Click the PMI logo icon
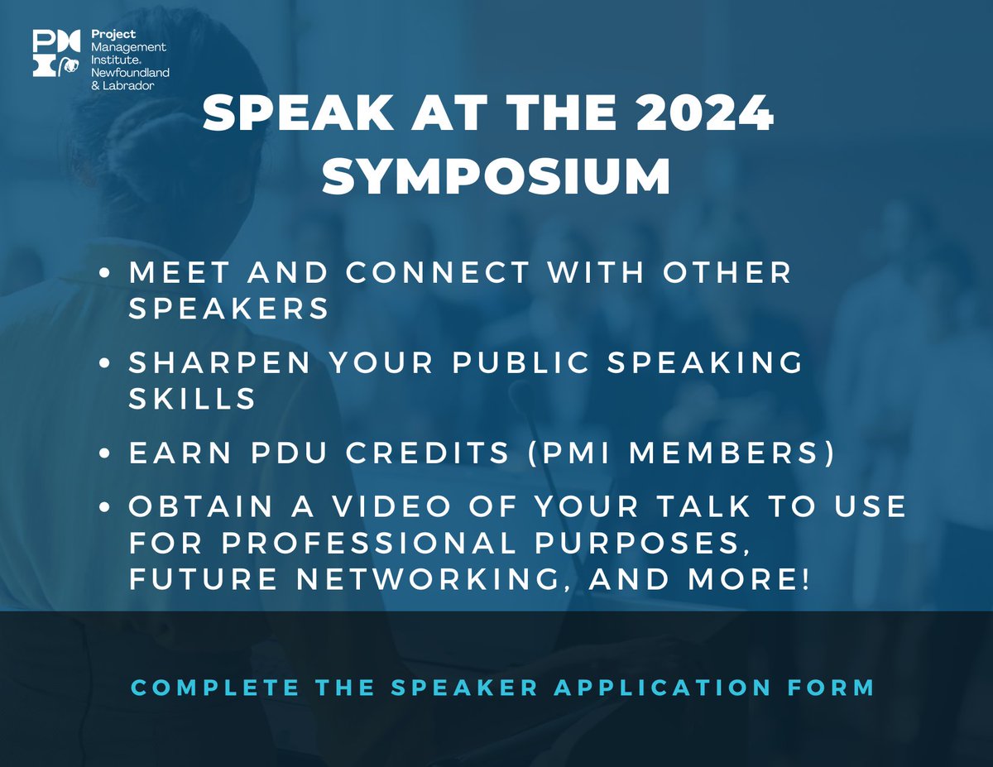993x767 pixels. coord(56,54)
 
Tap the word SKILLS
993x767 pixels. coord(192,399)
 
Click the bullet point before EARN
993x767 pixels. coord(105,456)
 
